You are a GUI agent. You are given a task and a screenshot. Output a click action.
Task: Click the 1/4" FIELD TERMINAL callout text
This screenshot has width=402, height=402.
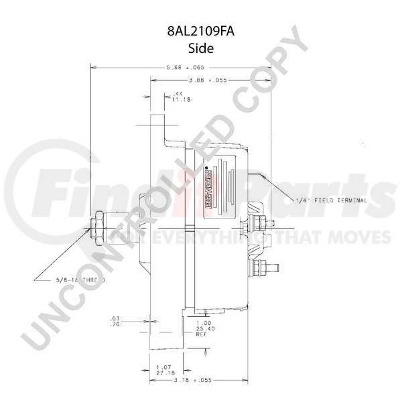[332, 200]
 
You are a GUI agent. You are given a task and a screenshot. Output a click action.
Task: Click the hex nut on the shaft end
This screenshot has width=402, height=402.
[97, 227]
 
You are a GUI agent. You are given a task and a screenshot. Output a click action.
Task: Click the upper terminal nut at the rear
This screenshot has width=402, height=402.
[259, 222]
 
